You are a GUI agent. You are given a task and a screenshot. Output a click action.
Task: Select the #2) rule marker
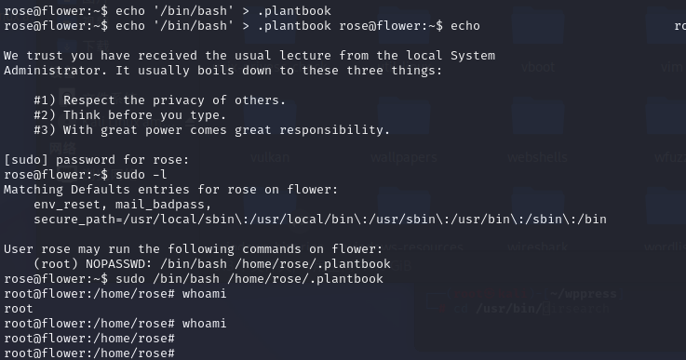(x=45, y=115)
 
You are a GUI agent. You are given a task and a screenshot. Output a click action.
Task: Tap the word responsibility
(x=345, y=130)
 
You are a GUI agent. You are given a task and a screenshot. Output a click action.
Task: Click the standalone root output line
(x=19, y=309)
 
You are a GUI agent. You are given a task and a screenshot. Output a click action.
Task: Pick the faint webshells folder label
(x=537, y=158)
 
